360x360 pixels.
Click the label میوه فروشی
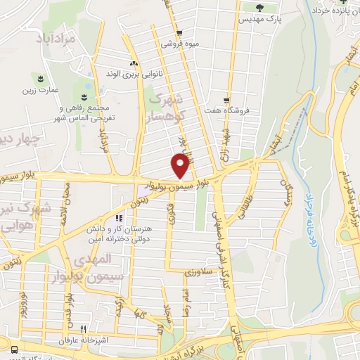[181, 44]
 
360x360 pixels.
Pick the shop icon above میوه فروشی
[179, 32]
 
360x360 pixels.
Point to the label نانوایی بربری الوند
[131, 73]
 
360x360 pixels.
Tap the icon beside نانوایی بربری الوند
[131, 63]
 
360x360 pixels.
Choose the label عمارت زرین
[37, 89]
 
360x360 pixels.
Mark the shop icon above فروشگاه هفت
[226, 99]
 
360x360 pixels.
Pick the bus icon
[15, 349]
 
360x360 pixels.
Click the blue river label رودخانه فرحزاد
[307, 207]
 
